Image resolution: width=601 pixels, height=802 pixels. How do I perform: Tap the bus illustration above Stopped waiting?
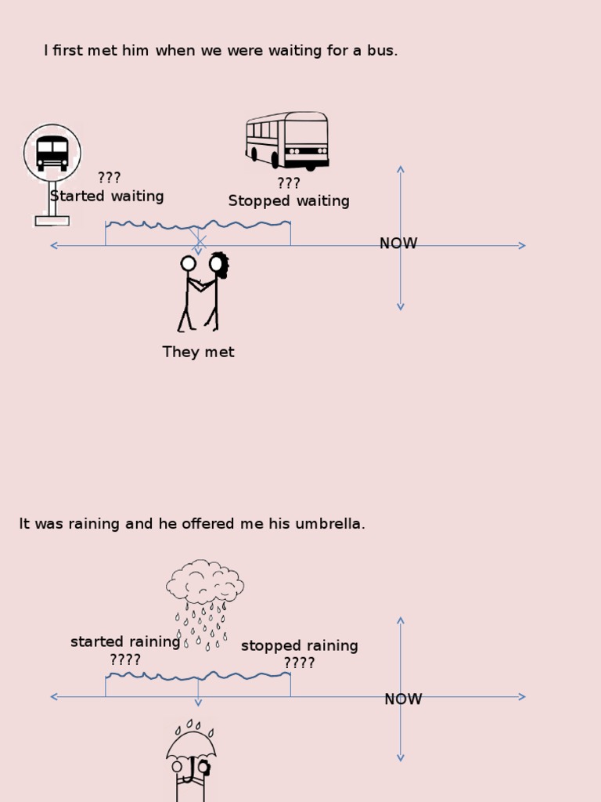pyautogui.click(x=287, y=140)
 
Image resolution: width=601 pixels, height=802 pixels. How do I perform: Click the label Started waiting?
pyautogui.click(x=107, y=196)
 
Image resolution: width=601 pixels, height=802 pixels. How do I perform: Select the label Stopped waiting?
pyautogui.click(x=289, y=201)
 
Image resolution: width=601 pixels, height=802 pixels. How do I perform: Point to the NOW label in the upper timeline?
pyautogui.click(x=398, y=244)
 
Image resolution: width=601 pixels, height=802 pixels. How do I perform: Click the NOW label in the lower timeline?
pyautogui.click(x=403, y=699)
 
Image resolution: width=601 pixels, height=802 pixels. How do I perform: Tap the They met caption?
pyautogui.click(x=198, y=352)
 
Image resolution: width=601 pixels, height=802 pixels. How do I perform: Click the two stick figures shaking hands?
pyautogui.click(x=203, y=291)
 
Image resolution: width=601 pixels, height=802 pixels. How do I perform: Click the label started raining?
pyautogui.click(x=125, y=642)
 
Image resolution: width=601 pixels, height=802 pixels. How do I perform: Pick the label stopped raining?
pyautogui.click(x=299, y=646)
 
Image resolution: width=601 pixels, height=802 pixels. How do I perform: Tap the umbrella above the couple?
pyautogui.click(x=192, y=744)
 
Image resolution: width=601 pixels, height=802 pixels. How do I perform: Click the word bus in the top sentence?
pyautogui.click(x=381, y=51)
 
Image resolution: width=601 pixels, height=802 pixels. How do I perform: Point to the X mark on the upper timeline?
pyautogui.click(x=199, y=240)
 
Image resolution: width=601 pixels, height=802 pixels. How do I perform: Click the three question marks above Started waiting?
pyautogui.click(x=109, y=178)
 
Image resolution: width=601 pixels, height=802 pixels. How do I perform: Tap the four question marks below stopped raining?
pyautogui.click(x=299, y=663)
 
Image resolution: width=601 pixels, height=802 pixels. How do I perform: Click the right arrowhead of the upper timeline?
pyautogui.click(x=523, y=246)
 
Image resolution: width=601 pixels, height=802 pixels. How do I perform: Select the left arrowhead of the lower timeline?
pyautogui.click(x=53, y=697)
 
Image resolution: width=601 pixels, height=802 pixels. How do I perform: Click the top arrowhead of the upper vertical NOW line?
pyautogui.click(x=401, y=168)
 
